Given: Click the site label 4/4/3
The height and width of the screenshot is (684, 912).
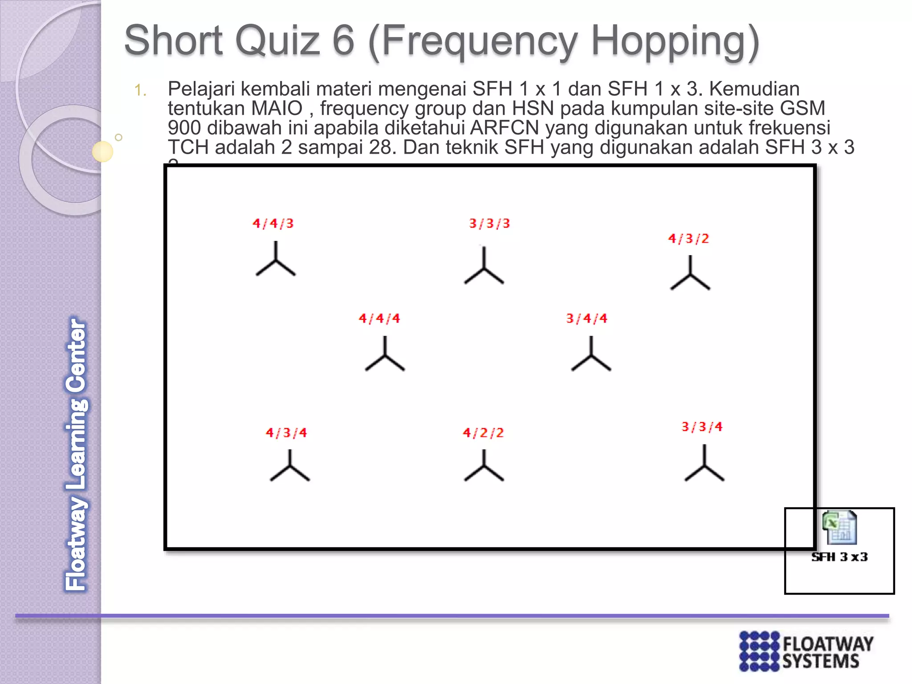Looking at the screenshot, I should pyautogui.click(x=273, y=223).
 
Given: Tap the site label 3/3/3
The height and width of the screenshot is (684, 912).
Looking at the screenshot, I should pyautogui.click(x=489, y=223).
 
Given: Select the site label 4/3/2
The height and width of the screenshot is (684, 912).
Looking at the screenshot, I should pyautogui.click(x=688, y=239).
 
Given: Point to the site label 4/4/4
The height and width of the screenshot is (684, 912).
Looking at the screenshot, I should pyautogui.click(x=379, y=318).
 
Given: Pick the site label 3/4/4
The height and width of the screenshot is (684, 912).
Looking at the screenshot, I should pyautogui.click(x=586, y=318).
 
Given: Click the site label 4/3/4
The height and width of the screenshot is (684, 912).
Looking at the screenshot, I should pyautogui.click(x=286, y=432).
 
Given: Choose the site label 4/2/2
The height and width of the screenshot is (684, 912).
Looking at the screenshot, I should pyautogui.click(x=483, y=432).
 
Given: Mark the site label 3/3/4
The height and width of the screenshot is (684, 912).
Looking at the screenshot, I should pyautogui.click(x=702, y=427).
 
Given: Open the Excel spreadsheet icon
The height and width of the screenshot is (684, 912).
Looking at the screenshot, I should pyautogui.click(x=839, y=527).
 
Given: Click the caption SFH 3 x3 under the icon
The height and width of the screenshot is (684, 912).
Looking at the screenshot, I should pyautogui.click(x=839, y=557).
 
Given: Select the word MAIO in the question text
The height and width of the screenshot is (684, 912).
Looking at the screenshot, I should pyautogui.click(x=277, y=108).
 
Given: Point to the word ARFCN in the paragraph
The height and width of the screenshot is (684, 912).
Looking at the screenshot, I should pyautogui.click(x=505, y=128).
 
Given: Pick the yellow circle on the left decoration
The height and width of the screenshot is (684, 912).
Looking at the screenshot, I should pyautogui.click(x=102, y=151).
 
